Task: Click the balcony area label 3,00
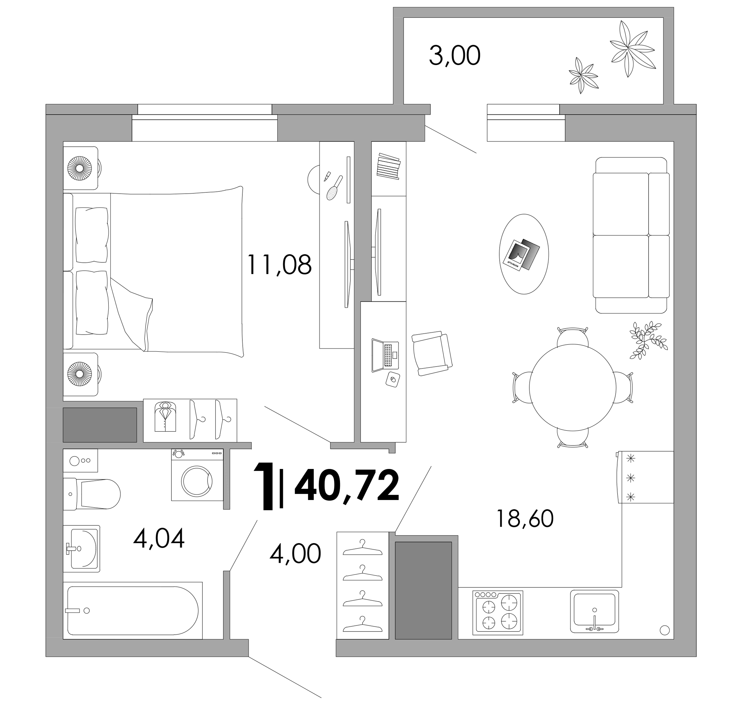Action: pos(455,56)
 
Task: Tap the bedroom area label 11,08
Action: pos(279,265)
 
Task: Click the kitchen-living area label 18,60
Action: pos(525,519)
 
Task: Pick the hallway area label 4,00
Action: pos(295,553)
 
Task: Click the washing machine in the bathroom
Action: pos(197,474)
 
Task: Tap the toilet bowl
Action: pos(92,494)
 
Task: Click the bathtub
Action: pos(133,610)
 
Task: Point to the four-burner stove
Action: pos(498,613)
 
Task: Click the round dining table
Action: pos(572,388)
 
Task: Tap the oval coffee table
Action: pos(524,254)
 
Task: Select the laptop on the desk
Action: pos(385,356)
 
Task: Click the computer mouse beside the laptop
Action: pos(393,380)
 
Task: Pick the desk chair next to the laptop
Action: pos(432,353)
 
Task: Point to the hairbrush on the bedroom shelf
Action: pos(334,188)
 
